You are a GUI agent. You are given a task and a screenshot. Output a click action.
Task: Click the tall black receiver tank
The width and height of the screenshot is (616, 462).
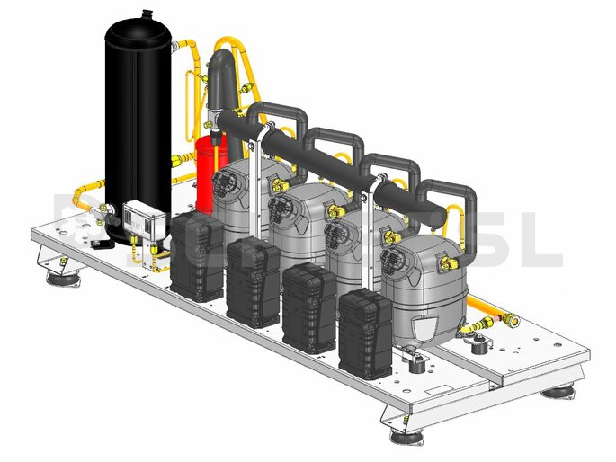137,126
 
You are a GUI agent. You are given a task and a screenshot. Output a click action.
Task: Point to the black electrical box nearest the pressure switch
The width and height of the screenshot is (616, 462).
197,256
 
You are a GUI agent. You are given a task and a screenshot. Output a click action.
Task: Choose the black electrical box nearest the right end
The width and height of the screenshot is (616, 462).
364,333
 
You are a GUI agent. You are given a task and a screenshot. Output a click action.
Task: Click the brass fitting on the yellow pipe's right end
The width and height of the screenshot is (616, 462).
511,318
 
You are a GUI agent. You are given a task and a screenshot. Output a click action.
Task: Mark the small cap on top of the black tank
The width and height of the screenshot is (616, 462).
139,14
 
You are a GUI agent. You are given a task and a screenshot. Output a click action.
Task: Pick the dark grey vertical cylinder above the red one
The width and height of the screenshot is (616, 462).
219,85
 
